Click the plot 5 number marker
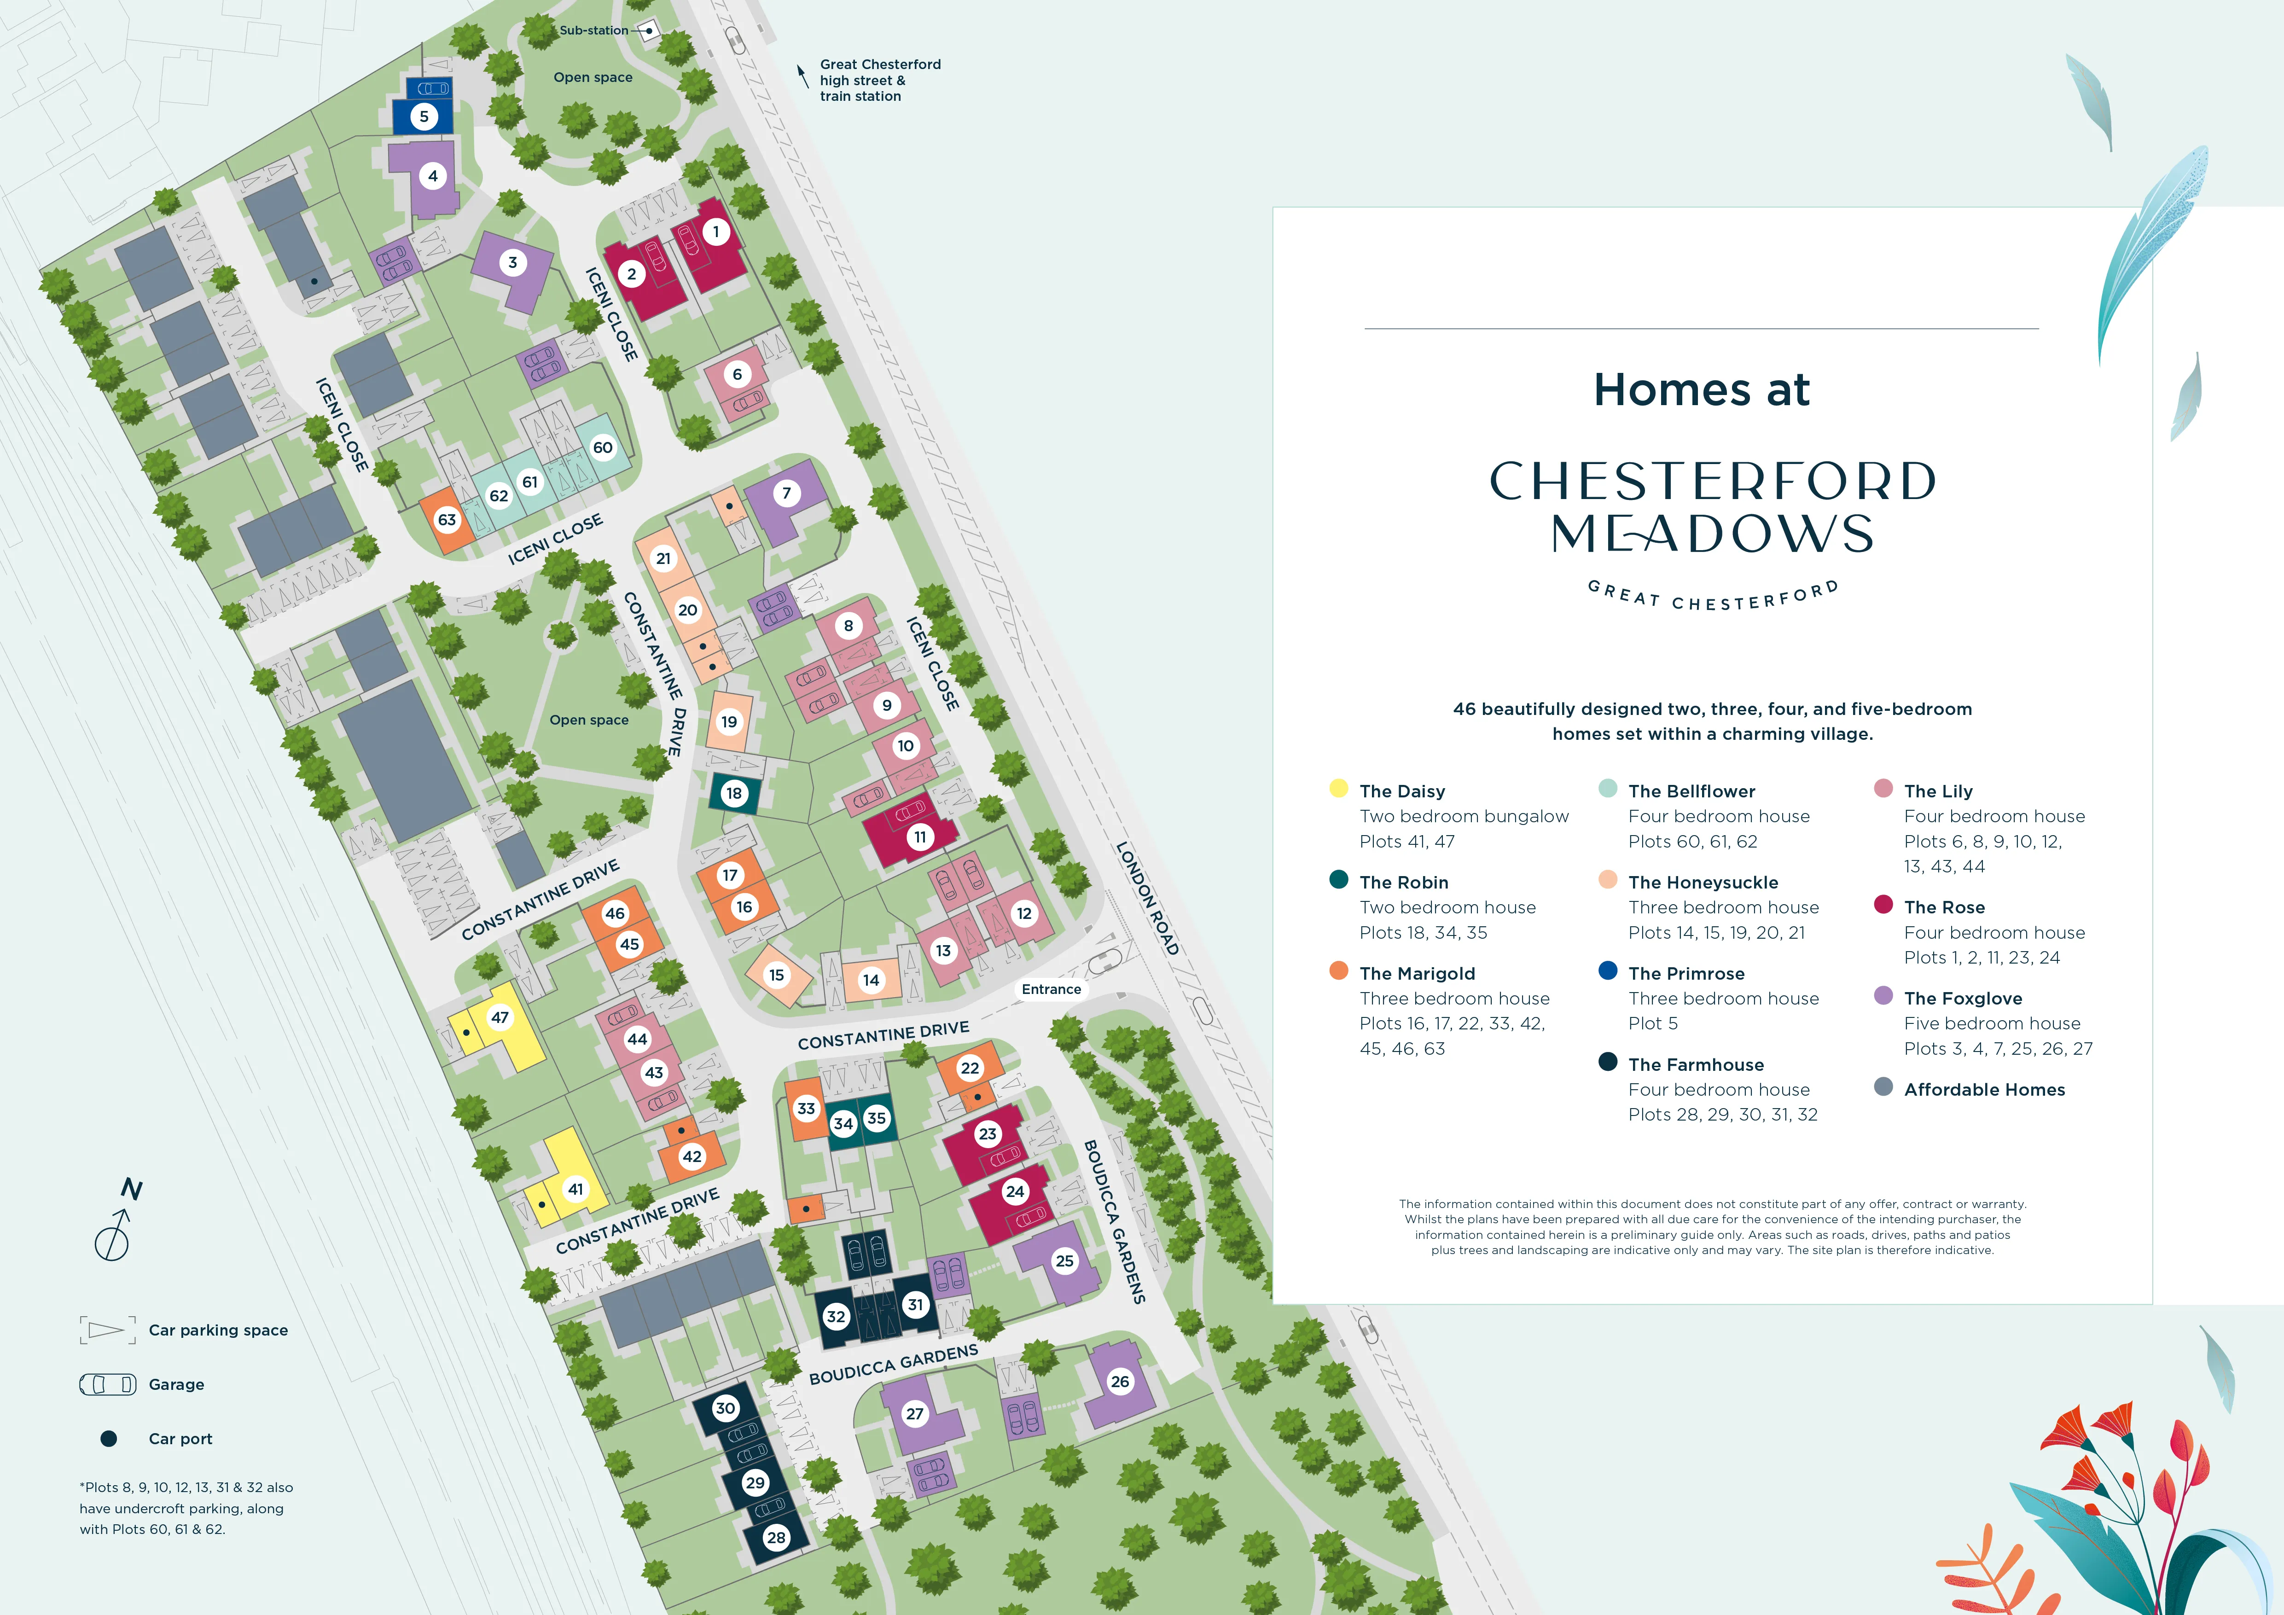(424, 116)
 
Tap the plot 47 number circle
(500, 1017)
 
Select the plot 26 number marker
(1120, 1381)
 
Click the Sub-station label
(594, 31)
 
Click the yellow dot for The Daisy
(1339, 789)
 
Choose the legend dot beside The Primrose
(1608, 970)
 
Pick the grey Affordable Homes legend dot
(1883, 1087)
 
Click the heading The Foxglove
(1963, 999)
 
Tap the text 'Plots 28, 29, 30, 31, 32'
(1723, 1115)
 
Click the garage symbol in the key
(107, 1384)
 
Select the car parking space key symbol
(107, 1330)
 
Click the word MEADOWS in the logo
(1712, 534)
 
